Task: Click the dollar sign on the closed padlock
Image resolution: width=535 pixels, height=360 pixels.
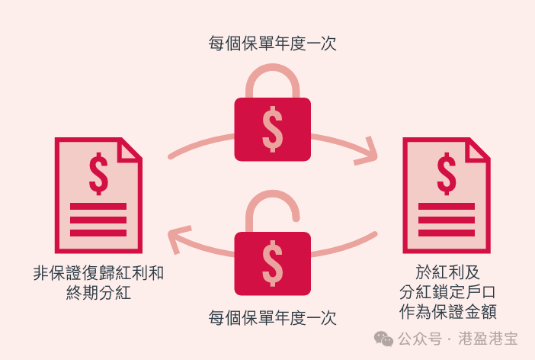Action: [x=272, y=129]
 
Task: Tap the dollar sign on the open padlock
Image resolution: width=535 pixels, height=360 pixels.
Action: [x=272, y=263]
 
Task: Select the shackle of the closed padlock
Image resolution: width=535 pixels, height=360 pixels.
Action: [x=273, y=81]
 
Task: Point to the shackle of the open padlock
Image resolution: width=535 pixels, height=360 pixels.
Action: [x=272, y=211]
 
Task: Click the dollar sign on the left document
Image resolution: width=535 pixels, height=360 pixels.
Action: [x=98, y=173]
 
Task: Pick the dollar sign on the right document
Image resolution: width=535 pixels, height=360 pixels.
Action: [x=447, y=173]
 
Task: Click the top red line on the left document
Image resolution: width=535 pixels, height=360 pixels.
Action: [x=98, y=206]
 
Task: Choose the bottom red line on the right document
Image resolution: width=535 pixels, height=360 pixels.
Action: [x=447, y=233]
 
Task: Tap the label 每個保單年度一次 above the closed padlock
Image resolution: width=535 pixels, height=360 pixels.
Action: [x=272, y=43]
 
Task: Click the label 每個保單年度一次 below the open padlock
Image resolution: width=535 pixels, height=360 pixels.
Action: [x=272, y=318]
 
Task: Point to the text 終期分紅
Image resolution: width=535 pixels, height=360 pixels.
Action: [x=98, y=293]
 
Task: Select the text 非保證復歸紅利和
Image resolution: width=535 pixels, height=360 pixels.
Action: [x=98, y=273]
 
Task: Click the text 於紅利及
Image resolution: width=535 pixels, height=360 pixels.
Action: [x=447, y=272]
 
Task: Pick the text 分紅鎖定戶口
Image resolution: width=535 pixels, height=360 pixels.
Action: [x=447, y=292]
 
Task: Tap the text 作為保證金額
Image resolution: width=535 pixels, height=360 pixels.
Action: [x=447, y=312]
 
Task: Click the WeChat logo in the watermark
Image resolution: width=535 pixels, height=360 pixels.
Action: [x=383, y=339]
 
